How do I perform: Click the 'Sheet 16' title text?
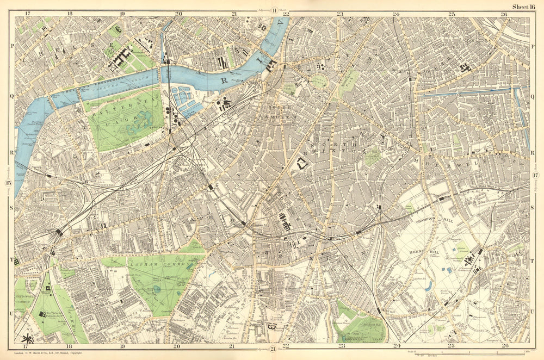[x=523, y=6]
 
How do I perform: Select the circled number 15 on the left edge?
[x=8, y=183]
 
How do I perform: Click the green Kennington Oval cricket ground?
[x=319, y=80]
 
